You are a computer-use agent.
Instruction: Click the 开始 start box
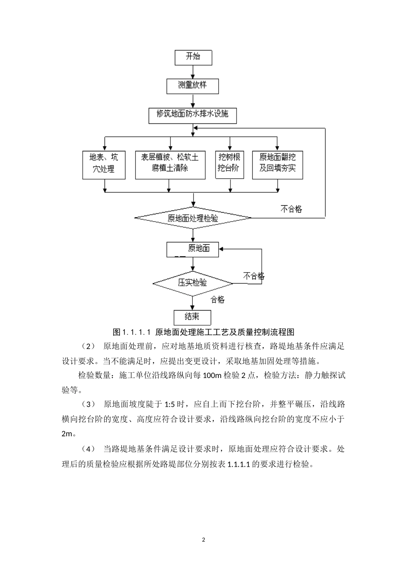193,57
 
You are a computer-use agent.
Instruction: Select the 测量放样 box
192,86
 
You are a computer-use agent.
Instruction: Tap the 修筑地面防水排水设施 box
192,115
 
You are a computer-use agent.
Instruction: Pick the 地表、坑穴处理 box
104,164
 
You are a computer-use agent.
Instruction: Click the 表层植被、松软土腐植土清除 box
170,164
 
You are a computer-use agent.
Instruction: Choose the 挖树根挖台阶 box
229,164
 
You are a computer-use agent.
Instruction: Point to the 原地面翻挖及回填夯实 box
277,164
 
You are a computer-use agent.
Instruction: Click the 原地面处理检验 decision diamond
193,218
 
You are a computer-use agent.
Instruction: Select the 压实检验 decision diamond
193,283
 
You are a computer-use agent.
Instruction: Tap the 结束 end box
192,317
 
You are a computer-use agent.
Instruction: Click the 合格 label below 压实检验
218,300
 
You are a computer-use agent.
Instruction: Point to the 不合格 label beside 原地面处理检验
291,209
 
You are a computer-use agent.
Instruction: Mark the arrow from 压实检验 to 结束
193,303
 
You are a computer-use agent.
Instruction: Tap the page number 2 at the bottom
203,540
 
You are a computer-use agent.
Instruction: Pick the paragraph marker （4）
88,449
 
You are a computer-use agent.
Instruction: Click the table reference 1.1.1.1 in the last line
238,464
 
